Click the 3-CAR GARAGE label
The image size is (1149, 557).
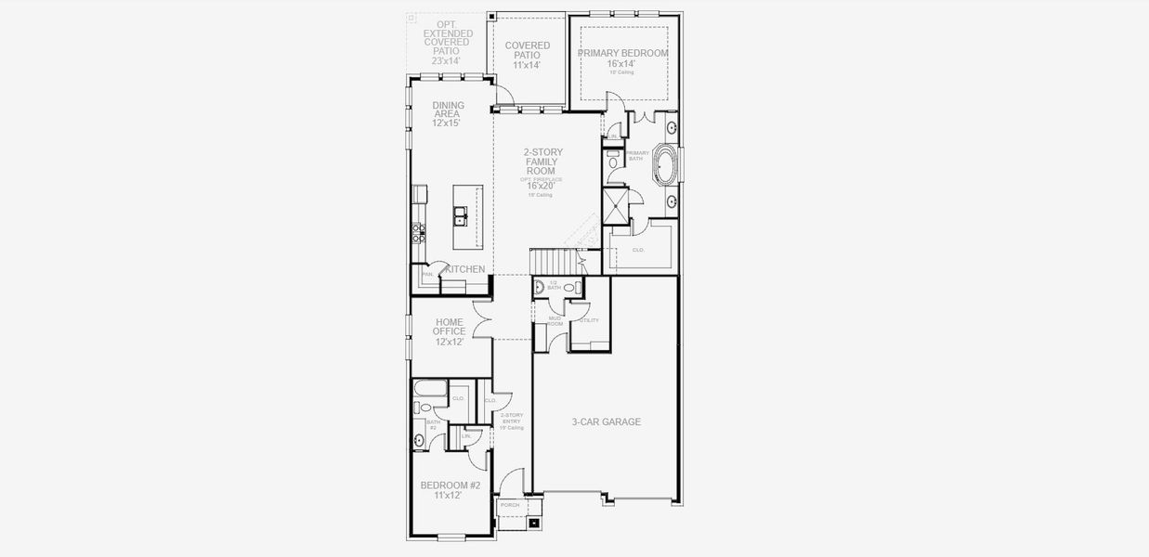(606, 421)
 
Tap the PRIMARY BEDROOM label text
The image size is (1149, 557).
(622, 54)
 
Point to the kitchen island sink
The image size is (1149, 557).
(462, 218)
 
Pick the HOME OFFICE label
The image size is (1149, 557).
(449, 327)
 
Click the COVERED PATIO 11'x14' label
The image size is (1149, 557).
(527, 56)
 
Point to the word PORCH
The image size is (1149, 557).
(510, 505)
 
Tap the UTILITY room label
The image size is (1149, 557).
(589, 320)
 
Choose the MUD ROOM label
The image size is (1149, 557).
(555, 321)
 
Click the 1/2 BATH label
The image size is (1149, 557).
(554, 285)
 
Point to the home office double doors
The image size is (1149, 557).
(481, 321)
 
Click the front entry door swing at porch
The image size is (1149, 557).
(511, 483)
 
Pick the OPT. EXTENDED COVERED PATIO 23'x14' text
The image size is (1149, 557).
(448, 42)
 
